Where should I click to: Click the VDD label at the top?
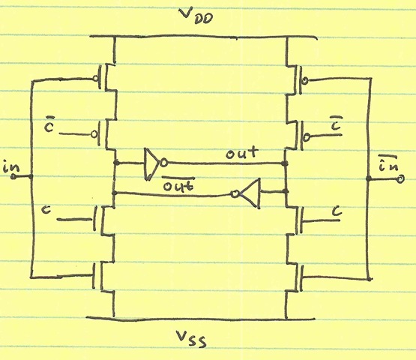click(196, 16)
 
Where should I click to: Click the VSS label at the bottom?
click(190, 338)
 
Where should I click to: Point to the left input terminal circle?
click(13, 176)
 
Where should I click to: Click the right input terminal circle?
click(400, 179)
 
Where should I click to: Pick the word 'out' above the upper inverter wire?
click(241, 152)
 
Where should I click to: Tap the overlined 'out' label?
click(178, 184)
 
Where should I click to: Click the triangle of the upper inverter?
click(151, 163)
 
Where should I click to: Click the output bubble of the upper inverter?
click(164, 163)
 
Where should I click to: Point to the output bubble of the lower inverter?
click(235, 193)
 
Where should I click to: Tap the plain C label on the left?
click(46, 209)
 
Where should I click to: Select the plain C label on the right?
click(337, 211)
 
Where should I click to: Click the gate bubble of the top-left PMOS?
click(95, 78)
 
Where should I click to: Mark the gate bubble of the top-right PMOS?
click(305, 80)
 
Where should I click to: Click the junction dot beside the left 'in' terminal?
click(31, 176)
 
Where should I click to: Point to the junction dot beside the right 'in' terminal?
click(368, 178)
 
